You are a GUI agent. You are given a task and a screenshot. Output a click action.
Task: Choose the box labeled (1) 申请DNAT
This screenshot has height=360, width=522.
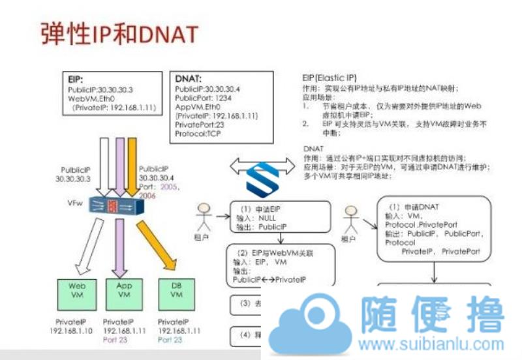(434, 228)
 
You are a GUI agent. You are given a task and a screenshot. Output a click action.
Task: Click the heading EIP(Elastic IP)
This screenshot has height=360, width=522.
(335, 77)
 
